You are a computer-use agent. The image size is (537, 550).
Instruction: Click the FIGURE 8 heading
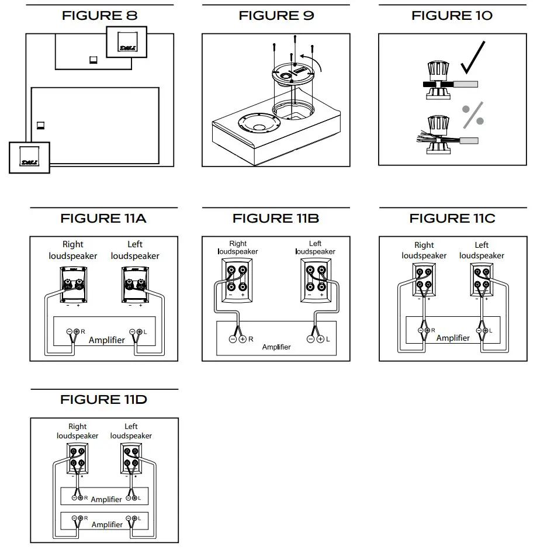100,16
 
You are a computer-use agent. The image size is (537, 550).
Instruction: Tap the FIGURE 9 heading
276,16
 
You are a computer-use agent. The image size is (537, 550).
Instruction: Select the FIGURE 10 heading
452,16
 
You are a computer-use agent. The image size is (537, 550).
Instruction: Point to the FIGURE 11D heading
103,400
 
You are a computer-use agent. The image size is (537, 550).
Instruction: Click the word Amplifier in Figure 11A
106,340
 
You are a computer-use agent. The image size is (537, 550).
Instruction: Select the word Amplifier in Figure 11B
276,347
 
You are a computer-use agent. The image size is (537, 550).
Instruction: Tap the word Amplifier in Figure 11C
453,338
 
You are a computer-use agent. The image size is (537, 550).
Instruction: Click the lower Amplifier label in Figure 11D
107,524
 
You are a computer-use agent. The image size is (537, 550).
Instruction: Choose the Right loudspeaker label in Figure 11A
73,250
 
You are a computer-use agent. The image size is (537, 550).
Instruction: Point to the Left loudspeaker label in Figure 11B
315,247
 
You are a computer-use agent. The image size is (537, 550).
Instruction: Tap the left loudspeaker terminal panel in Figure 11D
131,459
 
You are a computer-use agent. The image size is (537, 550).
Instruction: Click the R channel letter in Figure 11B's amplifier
251,339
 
